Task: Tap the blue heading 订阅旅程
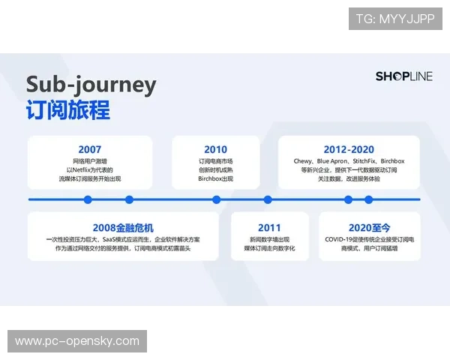(x=68, y=110)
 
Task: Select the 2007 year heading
(x=89, y=149)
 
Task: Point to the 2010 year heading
(x=215, y=149)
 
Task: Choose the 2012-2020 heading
(x=349, y=149)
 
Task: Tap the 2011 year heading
(x=268, y=227)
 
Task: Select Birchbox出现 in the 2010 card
(x=215, y=179)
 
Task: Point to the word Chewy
(x=302, y=161)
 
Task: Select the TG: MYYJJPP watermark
(x=395, y=19)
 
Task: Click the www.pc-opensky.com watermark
(x=77, y=341)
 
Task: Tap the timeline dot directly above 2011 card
(x=268, y=199)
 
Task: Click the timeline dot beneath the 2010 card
(x=216, y=199)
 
